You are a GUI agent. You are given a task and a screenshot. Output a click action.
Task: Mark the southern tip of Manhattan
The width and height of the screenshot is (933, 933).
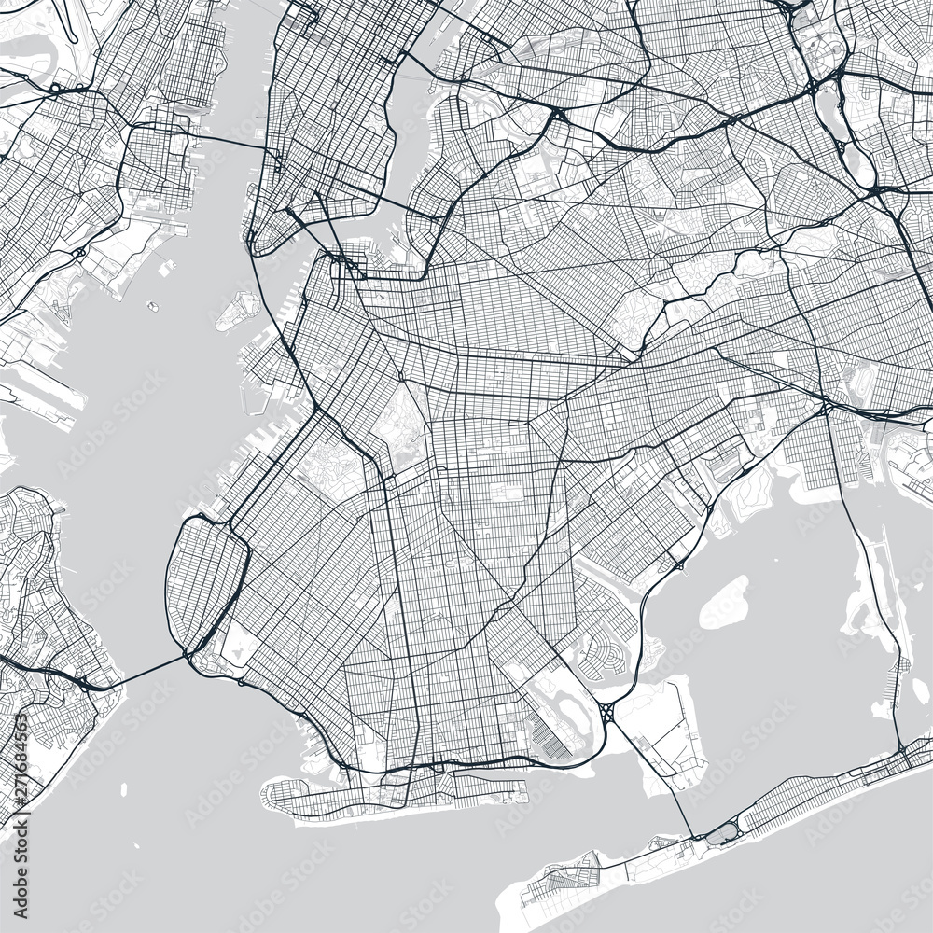pyautogui.click(x=254, y=244)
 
